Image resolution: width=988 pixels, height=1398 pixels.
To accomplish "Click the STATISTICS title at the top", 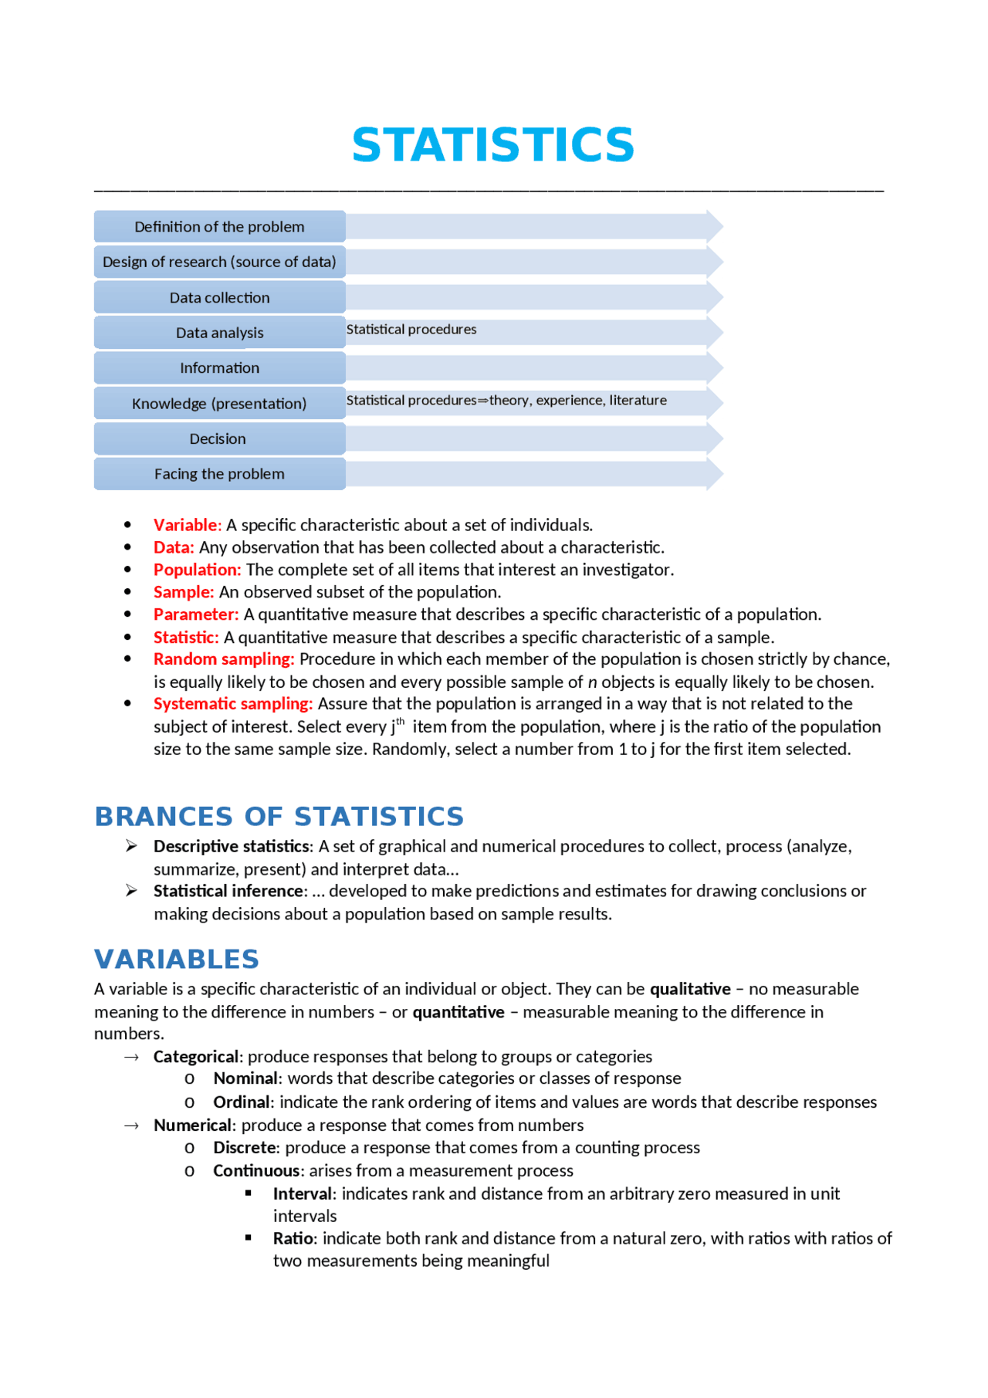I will [x=492, y=145].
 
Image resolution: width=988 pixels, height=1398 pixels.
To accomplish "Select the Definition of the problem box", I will [x=219, y=227].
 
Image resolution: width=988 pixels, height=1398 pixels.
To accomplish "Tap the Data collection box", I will [x=219, y=298].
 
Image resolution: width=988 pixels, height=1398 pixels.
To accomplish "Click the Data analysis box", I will [x=219, y=333].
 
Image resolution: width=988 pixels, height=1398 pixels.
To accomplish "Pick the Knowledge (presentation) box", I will [x=219, y=404].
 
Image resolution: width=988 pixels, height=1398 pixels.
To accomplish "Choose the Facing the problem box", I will [x=219, y=474].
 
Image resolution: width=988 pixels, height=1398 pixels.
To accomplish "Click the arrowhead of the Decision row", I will [x=715, y=438].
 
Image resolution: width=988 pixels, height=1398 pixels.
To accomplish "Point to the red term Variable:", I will [x=188, y=525].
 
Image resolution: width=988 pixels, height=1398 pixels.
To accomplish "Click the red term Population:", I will [x=197, y=570].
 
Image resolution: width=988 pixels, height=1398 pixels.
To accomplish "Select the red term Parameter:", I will [x=196, y=614].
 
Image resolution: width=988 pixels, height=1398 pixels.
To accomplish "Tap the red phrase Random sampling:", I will [x=224, y=659].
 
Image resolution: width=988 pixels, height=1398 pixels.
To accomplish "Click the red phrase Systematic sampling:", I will [x=233, y=704].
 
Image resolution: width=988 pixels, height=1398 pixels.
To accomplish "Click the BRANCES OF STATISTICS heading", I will [x=279, y=817].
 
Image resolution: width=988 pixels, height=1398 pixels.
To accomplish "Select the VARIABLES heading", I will [x=176, y=960].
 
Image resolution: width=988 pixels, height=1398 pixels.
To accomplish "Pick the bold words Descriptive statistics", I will [x=231, y=847].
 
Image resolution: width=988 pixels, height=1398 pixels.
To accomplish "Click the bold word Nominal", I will [x=245, y=1078].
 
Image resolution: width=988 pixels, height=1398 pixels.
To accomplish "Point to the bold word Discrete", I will [x=244, y=1148].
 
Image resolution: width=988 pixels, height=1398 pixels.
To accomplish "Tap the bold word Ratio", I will [x=293, y=1239].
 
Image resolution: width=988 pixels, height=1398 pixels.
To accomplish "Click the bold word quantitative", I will [x=458, y=1012].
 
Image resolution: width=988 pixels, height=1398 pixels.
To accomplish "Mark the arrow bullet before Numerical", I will [x=131, y=1126].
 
